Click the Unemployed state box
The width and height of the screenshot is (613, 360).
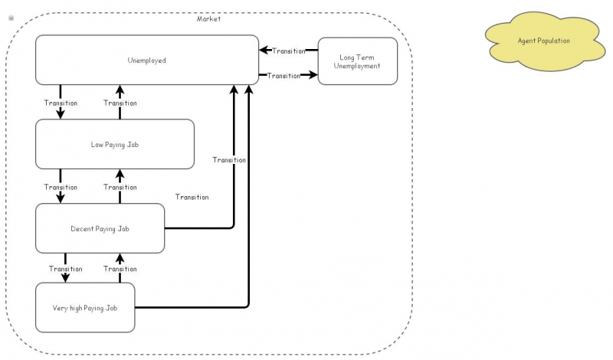(x=146, y=60)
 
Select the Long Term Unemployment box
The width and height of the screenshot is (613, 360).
(x=358, y=61)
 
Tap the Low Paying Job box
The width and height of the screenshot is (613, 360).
(x=115, y=144)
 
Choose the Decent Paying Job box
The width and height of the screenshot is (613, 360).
(x=100, y=228)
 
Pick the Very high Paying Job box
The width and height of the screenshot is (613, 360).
(x=85, y=307)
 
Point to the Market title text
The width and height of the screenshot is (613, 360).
(x=208, y=19)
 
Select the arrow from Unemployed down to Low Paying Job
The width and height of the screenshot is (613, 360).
(x=61, y=112)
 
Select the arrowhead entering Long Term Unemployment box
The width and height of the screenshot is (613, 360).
(x=313, y=75)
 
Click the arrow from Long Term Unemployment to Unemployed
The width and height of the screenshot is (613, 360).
(x=264, y=51)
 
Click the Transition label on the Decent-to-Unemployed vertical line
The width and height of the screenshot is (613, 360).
(x=229, y=160)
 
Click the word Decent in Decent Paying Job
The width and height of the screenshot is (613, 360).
(x=83, y=228)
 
